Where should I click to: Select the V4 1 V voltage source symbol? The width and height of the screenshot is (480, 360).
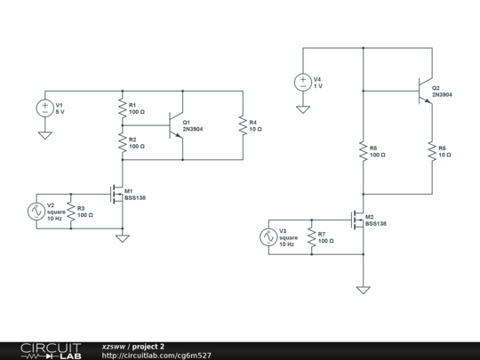pos(302,83)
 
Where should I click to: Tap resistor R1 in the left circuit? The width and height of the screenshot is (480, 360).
pos(122,108)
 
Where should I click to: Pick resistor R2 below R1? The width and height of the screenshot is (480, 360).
pos(122,142)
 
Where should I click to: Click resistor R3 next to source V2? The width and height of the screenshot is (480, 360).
pos(70,211)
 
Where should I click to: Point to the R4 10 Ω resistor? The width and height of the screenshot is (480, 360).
pos(242,125)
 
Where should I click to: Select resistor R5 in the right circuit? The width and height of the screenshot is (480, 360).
pos(363,151)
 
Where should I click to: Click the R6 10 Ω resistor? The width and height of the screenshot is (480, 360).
pos(431,151)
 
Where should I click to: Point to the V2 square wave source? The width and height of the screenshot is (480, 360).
pos(36,211)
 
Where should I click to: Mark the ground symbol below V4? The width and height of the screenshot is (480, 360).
pos(302,108)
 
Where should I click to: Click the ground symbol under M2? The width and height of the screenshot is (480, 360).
pos(363,288)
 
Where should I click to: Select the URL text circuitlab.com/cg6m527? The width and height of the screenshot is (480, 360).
pos(156,355)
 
